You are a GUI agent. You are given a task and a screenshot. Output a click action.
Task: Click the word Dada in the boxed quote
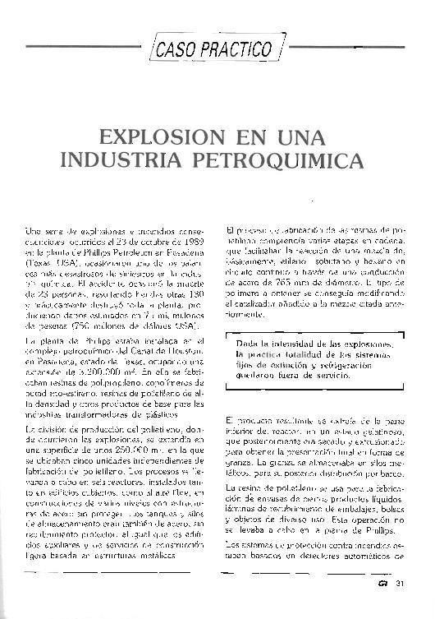[x=248, y=340]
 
